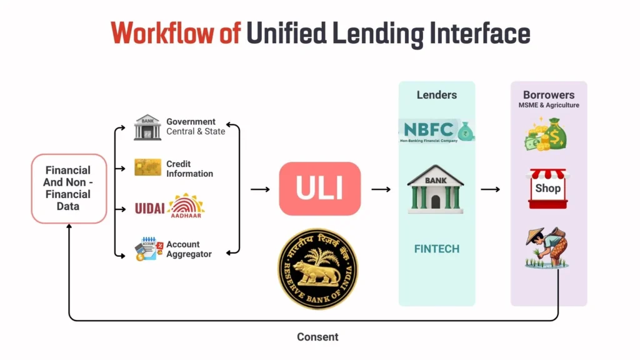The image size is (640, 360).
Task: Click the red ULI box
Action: [x=319, y=189]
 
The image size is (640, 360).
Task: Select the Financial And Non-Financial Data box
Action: [x=69, y=188]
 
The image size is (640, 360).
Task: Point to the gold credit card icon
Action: [x=147, y=167]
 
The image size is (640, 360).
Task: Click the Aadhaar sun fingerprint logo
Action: [x=186, y=207]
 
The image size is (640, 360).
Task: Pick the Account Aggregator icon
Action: [x=148, y=249]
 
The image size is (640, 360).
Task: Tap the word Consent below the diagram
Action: [x=317, y=337]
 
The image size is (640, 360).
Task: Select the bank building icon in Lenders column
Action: [x=436, y=189]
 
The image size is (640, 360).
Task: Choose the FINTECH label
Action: [x=436, y=249]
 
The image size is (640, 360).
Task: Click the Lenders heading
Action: [x=436, y=95]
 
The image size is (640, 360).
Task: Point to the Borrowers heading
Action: [x=548, y=95]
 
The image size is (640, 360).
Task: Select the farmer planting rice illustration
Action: [x=546, y=248]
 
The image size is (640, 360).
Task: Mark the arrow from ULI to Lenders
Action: [x=381, y=189]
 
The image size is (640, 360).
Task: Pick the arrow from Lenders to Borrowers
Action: [x=490, y=189]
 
